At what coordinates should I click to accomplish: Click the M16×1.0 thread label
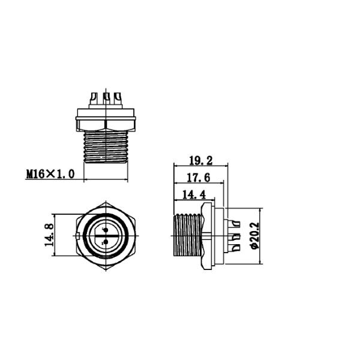50,174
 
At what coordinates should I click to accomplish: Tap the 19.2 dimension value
201,161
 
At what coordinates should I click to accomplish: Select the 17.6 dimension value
199,178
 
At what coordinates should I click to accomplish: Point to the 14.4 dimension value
194,194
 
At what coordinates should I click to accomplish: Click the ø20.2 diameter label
254,236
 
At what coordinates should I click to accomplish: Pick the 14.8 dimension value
49,235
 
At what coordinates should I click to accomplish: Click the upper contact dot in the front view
106,230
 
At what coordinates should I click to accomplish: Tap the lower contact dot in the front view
106,242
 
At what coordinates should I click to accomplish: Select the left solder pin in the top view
94,98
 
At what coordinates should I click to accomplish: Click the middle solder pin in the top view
106,98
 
